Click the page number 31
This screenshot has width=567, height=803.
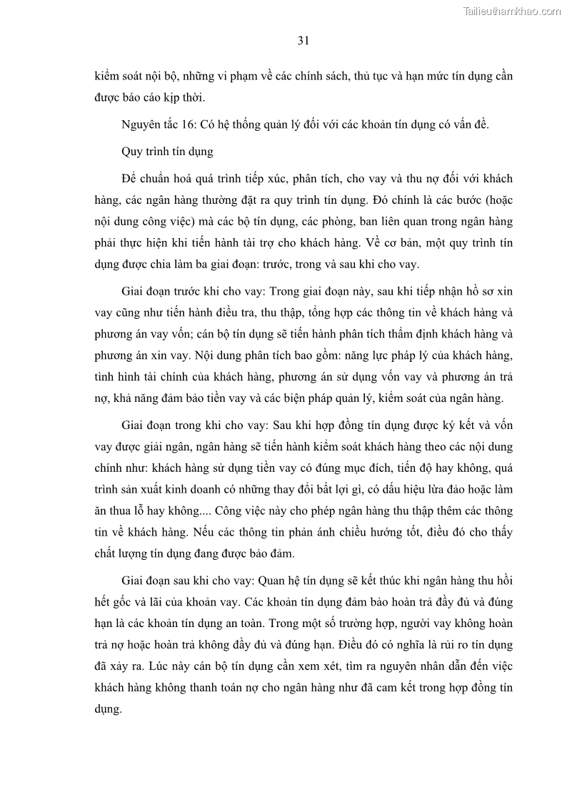pyautogui.click(x=303, y=41)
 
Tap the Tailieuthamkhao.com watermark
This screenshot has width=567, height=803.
pyautogui.click(x=512, y=11)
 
